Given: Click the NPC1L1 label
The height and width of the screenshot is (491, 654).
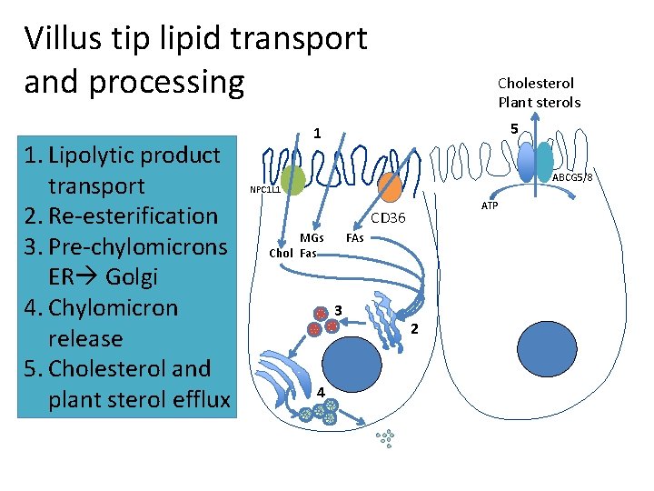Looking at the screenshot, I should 265,191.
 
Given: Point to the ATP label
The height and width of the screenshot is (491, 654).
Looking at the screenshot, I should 490,206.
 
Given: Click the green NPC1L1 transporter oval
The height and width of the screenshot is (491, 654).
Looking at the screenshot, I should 292,179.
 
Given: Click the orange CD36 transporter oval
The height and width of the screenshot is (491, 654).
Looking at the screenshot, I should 390,186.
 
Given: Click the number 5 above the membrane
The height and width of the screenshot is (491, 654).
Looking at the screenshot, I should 514,130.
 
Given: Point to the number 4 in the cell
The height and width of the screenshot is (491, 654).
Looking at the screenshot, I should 320,391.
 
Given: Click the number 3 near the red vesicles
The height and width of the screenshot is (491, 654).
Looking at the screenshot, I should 338,306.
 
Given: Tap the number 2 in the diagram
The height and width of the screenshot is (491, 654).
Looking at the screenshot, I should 415,327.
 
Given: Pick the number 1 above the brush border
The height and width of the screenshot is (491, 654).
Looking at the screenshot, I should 316,134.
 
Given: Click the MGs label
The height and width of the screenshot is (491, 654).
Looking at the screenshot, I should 312,238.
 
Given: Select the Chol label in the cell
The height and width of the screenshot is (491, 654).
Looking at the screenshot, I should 281,254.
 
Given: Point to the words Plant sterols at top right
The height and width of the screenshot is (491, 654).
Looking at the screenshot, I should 539,103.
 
